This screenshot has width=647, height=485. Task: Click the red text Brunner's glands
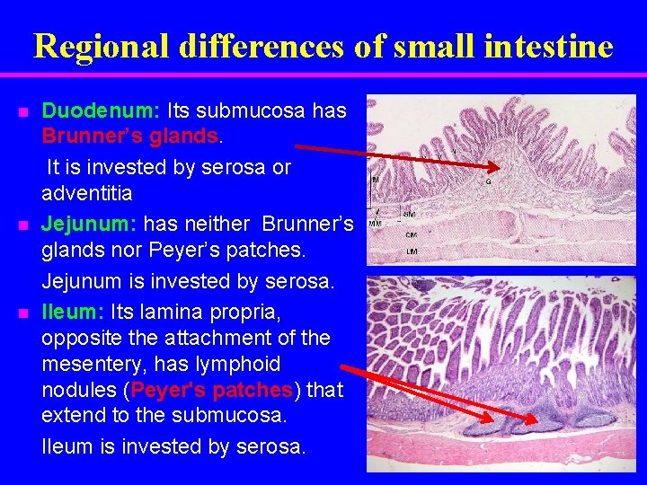(130, 137)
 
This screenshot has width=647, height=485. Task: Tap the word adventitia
(87, 193)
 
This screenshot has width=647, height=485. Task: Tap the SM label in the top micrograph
(409, 215)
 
